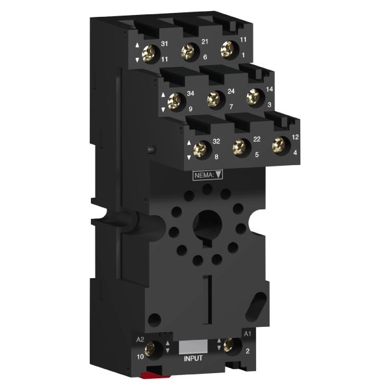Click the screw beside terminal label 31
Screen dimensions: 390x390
tap(148, 54)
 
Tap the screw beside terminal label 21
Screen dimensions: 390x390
tap(188, 51)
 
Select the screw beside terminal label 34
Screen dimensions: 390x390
tap(174, 101)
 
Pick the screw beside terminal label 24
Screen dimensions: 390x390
tap(213, 99)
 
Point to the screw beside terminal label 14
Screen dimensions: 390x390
tap(253, 97)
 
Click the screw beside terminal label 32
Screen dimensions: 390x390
tap(200, 149)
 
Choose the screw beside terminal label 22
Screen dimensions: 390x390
tap(239, 147)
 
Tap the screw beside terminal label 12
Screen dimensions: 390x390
tap(279, 145)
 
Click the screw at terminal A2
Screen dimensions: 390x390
tap(149, 348)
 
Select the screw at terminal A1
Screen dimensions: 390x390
tap(229, 344)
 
